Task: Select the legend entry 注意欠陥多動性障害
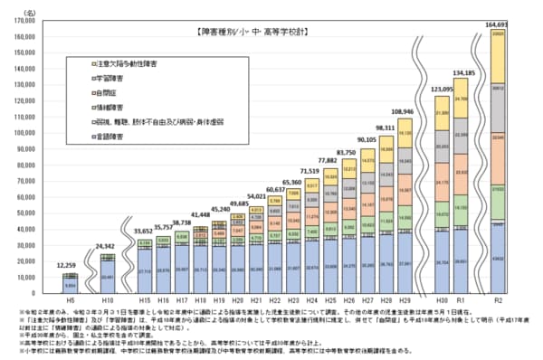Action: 130,65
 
